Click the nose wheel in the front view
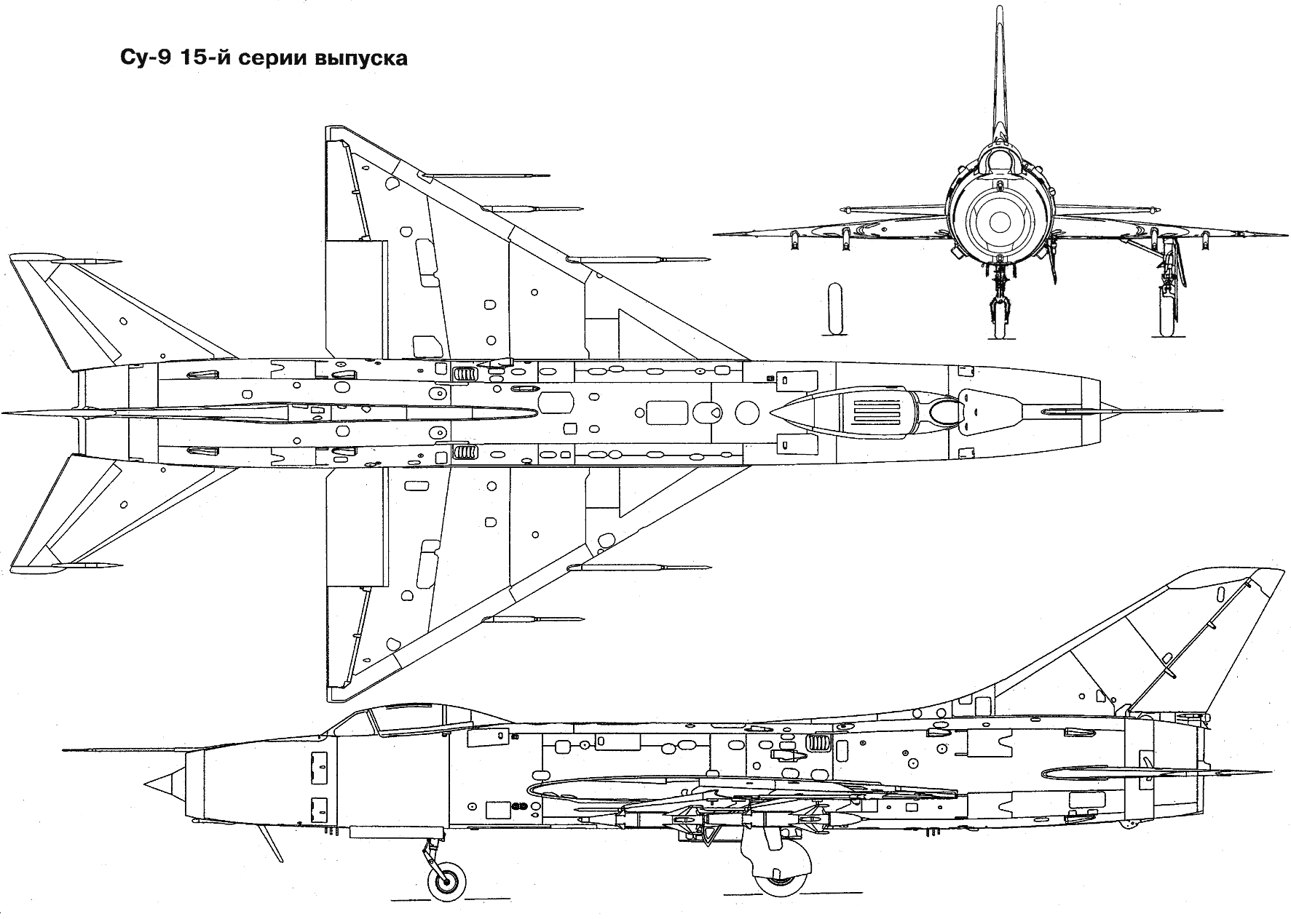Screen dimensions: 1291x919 pos(999,317)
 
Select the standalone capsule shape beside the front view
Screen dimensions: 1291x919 pos(835,309)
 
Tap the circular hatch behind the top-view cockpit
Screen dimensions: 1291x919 pos(747,413)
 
